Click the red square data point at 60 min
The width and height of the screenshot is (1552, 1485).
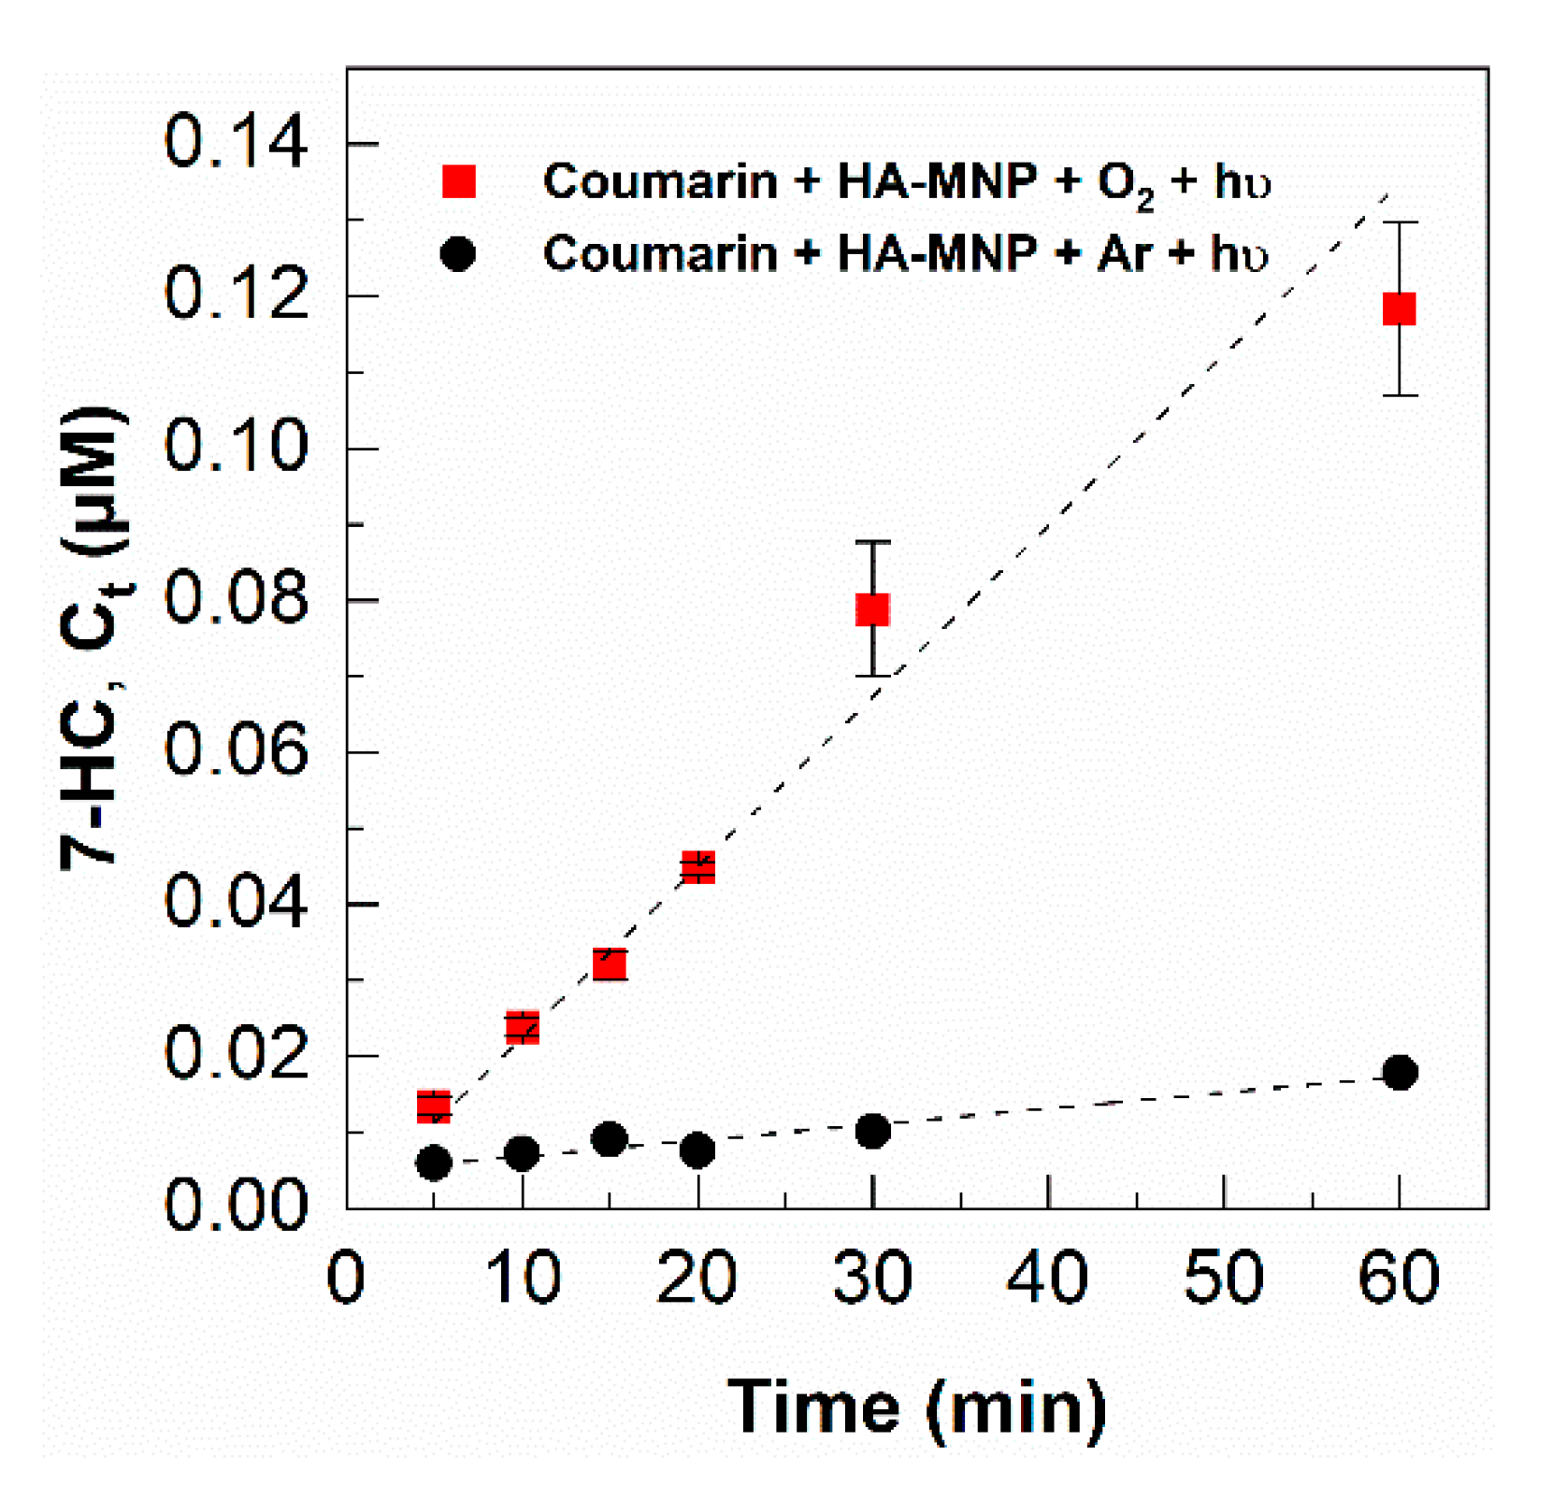(1399, 308)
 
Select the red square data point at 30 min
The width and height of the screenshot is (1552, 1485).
(872, 609)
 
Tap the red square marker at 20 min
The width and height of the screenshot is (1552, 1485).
(697, 867)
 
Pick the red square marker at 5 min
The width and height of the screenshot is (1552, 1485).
(433, 1106)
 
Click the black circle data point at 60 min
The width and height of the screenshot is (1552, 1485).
(1399, 1072)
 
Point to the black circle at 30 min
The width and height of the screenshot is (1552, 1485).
(872, 1132)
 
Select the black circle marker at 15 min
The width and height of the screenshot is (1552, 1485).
(609, 1139)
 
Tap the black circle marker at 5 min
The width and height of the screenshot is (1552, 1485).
(433, 1164)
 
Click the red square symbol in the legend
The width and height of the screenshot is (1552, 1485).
(459, 181)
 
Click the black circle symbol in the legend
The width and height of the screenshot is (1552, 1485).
(457, 253)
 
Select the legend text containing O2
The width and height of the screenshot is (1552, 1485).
(906, 181)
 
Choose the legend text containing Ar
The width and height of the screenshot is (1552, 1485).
(904, 253)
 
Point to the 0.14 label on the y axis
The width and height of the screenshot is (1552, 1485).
(235, 142)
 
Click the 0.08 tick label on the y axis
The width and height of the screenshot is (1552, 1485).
(235, 598)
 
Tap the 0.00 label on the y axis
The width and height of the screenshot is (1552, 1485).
(235, 1206)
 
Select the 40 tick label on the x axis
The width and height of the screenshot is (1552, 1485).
(1047, 1278)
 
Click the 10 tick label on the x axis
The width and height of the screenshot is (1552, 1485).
(523, 1278)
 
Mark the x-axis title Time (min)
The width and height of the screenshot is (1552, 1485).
(916, 1406)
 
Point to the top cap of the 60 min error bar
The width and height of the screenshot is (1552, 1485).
(1399, 222)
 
